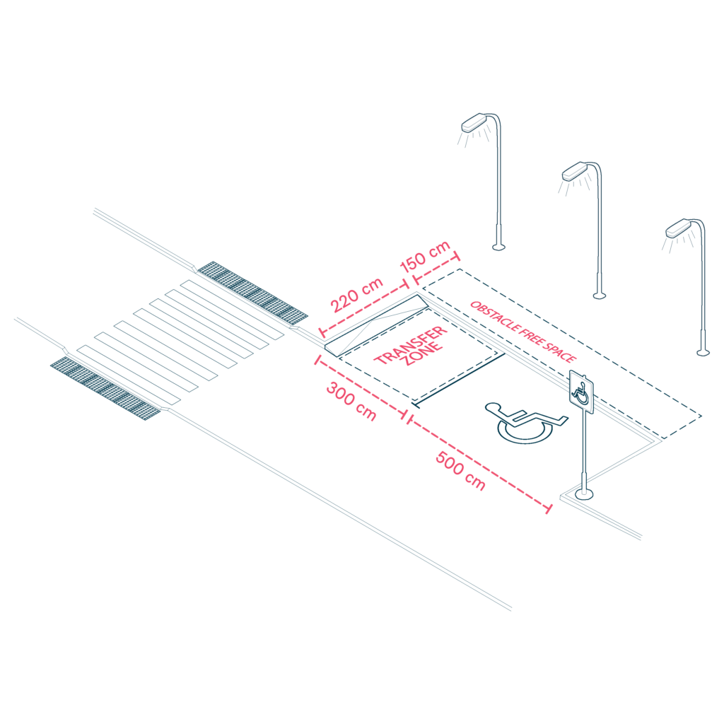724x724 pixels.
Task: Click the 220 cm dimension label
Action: [357, 296]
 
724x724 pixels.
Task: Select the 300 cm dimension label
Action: [351, 401]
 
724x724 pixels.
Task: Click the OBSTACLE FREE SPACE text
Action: [523, 331]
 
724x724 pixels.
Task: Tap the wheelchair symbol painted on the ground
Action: [525, 421]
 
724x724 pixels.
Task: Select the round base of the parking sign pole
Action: [584, 494]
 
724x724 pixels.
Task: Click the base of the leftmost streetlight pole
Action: [499, 246]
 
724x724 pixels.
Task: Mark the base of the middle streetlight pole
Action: [599, 295]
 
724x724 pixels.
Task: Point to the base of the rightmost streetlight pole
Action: [703, 351]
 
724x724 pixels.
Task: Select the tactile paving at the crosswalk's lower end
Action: [106, 386]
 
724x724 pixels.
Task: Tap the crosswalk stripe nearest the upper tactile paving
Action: [234, 308]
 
